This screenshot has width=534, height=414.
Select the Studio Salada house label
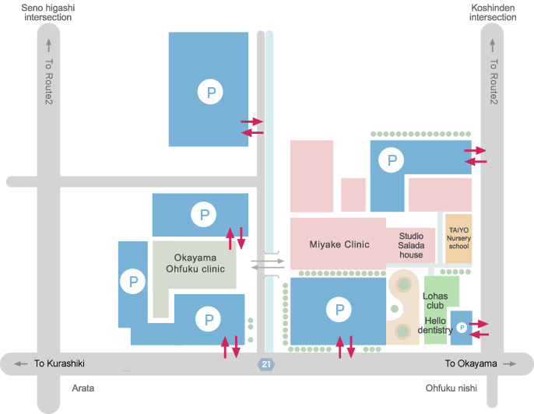(x=411, y=244)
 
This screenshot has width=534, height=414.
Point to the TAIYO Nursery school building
(x=458, y=238)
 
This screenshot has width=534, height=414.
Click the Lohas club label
(x=435, y=300)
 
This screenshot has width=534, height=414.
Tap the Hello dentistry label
(x=435, y=325)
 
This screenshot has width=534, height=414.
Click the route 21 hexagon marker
(x=266, y=364)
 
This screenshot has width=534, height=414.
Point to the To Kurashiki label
(x=59, y=363)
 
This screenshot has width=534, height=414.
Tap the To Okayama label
(x=470, y=363)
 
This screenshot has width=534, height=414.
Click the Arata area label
(x=83, y=387)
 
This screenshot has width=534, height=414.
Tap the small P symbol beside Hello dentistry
(x=462, y=328)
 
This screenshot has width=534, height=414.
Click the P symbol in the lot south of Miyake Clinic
(x=339, y=310)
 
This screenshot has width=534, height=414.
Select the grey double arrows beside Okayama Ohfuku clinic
(x=267, y=265)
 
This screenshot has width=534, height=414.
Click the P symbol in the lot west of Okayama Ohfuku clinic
(x=133, y=281)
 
